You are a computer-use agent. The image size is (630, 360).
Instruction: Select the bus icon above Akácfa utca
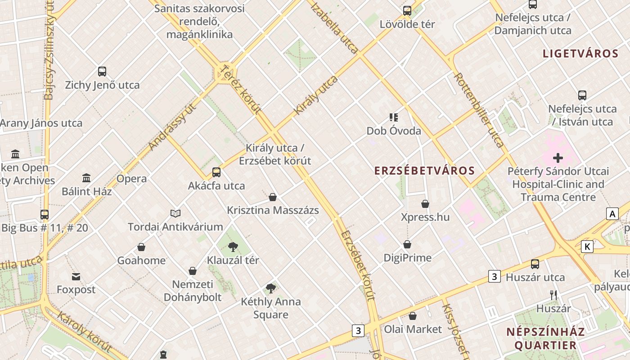[216, 172]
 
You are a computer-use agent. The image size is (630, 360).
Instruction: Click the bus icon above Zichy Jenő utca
[102, 72]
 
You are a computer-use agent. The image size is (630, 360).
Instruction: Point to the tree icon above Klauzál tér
[233, 247]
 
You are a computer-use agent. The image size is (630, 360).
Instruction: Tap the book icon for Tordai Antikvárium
[175, 213]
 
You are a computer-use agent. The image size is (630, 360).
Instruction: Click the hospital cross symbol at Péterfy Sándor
[558, 158]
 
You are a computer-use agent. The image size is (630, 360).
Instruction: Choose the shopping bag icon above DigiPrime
[407, 244]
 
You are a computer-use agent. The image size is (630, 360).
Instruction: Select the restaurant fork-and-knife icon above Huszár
[553, 295]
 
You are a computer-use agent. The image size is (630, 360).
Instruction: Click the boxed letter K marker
[587, 247]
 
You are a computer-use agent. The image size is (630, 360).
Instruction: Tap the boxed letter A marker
[612, 214]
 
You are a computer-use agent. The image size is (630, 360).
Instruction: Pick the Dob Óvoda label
[394, 131]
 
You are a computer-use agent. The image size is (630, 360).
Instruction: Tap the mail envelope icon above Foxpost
[76, 276]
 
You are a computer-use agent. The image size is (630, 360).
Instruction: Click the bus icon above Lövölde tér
[407, 11]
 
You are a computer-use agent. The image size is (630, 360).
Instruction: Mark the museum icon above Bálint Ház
[86, 178]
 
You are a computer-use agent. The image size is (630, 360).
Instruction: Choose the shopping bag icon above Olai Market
[413, 316]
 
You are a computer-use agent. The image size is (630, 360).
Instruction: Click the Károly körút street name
[84, 332]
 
